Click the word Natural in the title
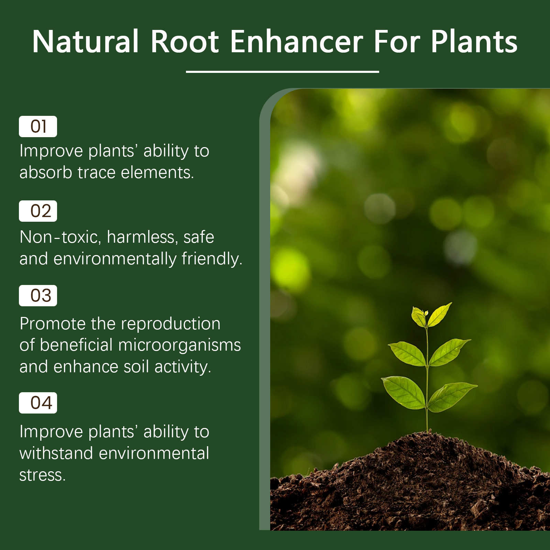coord(86,42)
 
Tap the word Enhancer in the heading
coord(297,42)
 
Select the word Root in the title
coord(185,42)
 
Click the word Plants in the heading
coord(474,42)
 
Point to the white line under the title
coord(282,72)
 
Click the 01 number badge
coord(38,126)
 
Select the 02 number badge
coord(38,211)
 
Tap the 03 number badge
coord(38,296)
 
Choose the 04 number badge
coord(38,403)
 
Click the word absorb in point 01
coord(46,172)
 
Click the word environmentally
coord(115,259)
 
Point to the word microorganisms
coord(179,345)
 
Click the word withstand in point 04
coord(56,453)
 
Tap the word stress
coord(42,475)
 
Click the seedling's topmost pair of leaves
coord(431,315)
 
